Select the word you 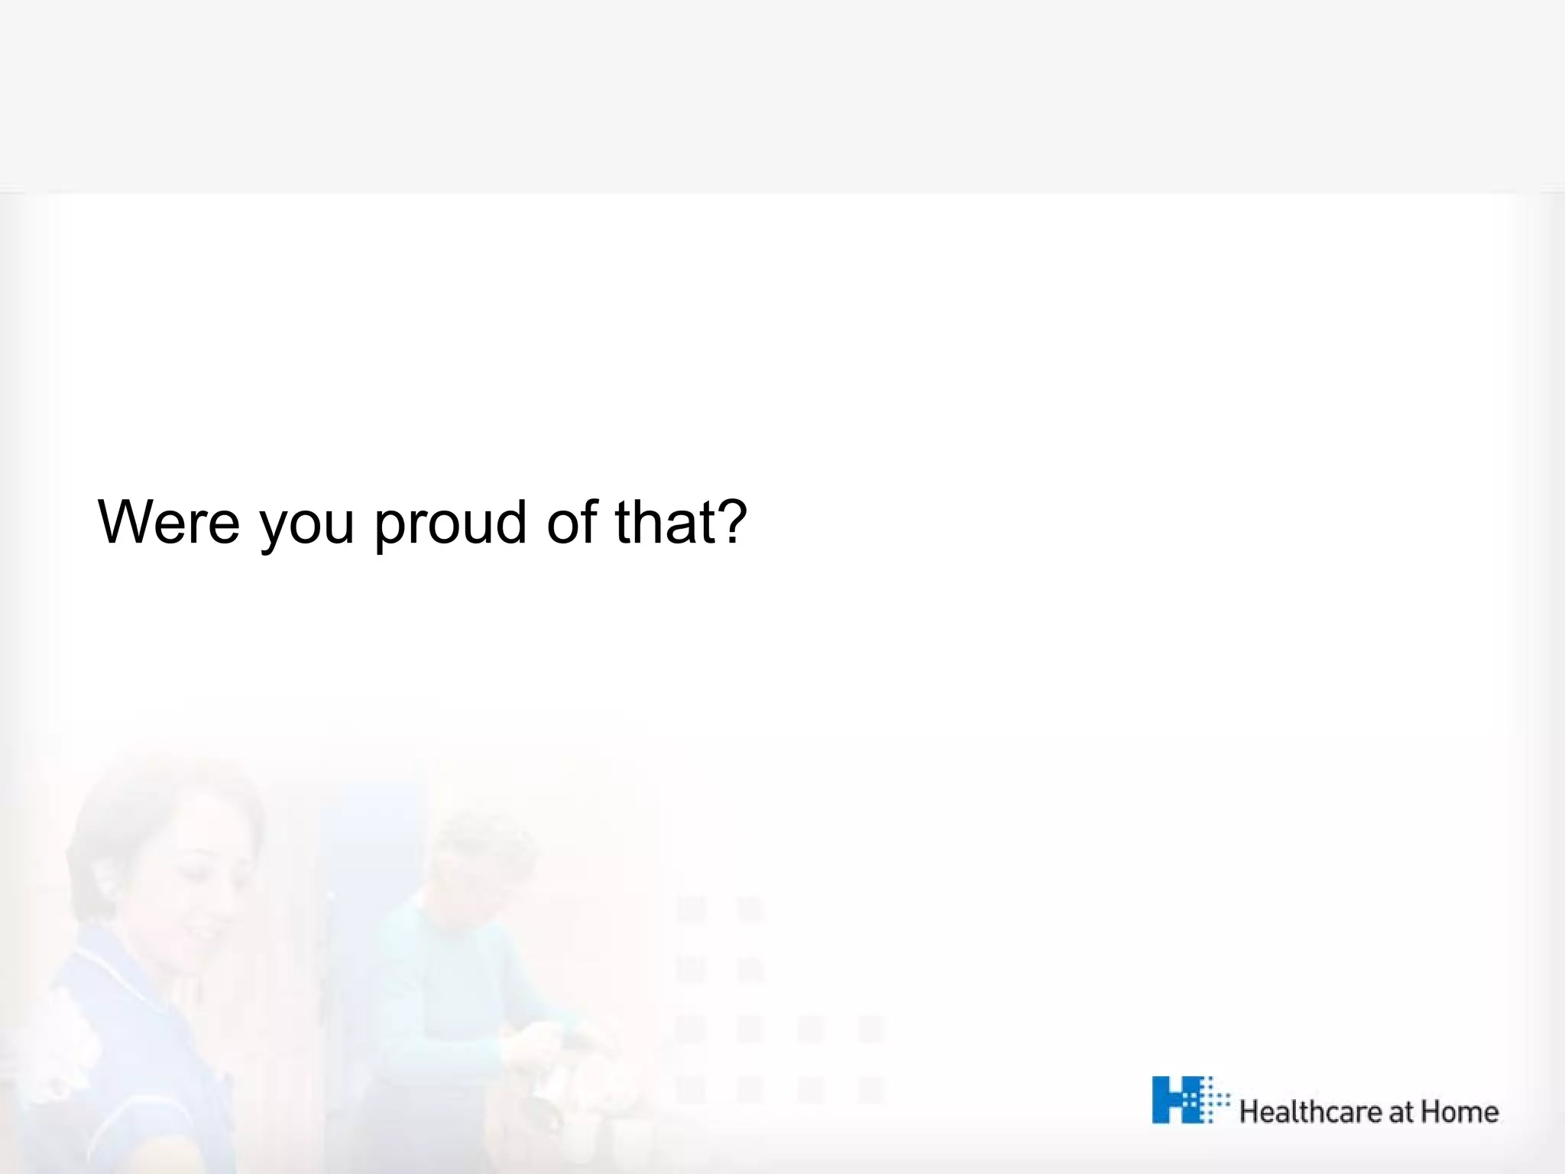(307, 527)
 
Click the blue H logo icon (1181, 1100)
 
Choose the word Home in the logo (1460, 1111)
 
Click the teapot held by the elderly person (565, 1085)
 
